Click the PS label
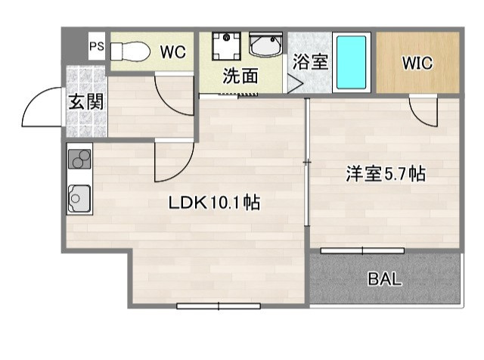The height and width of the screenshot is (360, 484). tap(97, 47)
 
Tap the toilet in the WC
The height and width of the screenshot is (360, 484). tap(131, 51)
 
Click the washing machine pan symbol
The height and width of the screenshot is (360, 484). tap(225, 48)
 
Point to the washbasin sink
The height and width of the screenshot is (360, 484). tap(265, 47)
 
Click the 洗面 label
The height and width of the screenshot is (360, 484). tap(240, 76)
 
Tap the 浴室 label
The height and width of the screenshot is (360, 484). tap(310, 62)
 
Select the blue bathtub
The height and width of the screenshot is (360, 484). tap(351, 61)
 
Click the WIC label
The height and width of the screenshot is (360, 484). tap(417, 64)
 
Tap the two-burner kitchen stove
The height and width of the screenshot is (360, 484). tap(79, 160)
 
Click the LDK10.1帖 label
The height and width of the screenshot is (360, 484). tap(214, 203)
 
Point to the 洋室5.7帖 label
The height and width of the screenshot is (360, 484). tap(385, 175)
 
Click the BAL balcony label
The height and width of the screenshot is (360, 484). tap(385, 278)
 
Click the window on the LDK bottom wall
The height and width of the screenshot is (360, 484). tap(219, 306)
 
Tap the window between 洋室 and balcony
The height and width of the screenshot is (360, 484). tap(361, 249)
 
